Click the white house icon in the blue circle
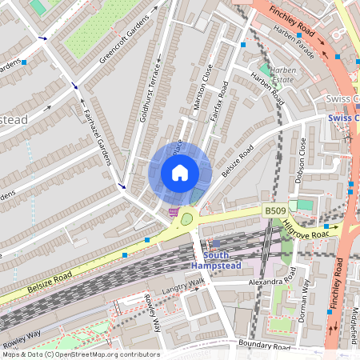180,172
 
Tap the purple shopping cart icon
174,212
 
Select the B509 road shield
275,210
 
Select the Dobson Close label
301,160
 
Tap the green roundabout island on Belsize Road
187,218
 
